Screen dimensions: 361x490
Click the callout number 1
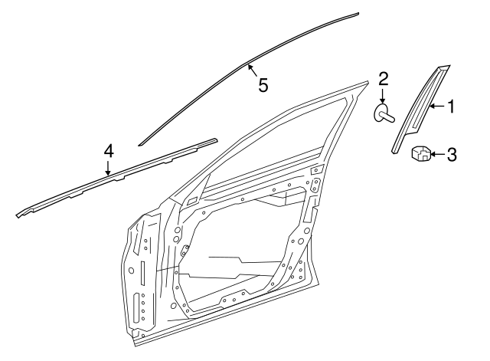click(451, 107)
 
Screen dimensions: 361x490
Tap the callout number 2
click(384, 78)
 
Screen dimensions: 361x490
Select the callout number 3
click(451, 156)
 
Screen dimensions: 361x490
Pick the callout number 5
click(263, 85)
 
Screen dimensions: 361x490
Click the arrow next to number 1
click(436, 107)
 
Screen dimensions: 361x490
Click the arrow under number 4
click(109, 168)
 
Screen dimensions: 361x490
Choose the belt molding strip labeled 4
click(115, 178)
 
